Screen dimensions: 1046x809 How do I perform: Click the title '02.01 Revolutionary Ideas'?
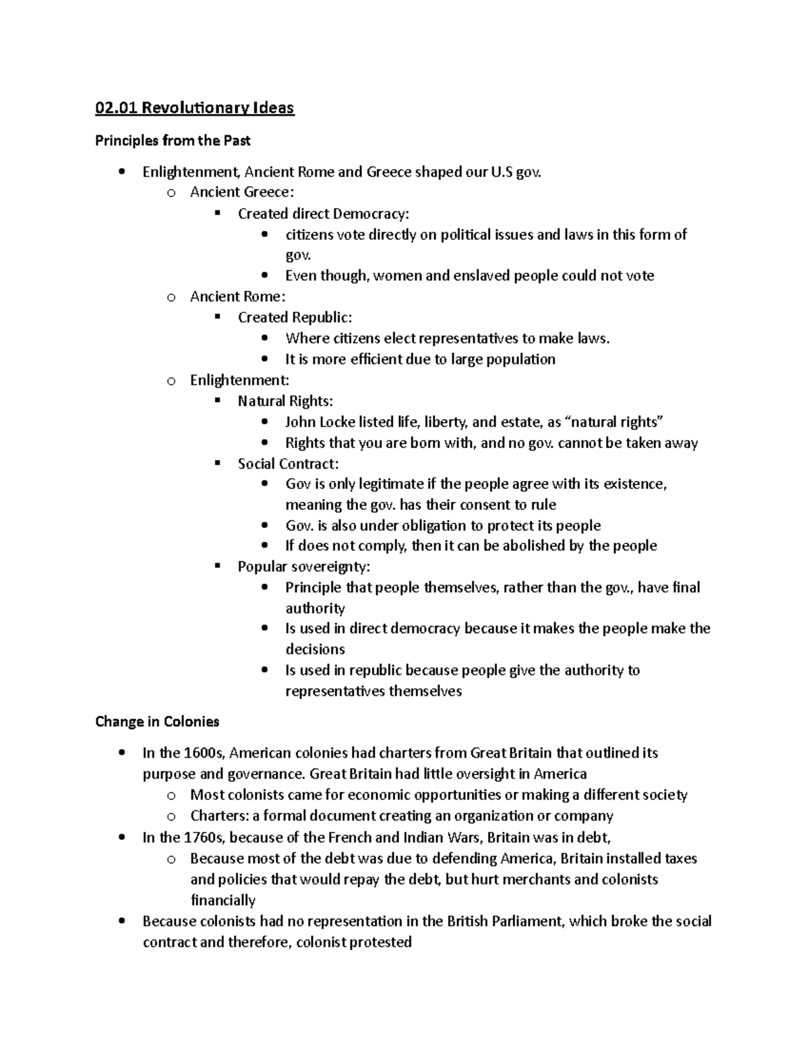pos(195,108)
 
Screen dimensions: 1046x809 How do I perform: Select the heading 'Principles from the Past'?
pos(173,141)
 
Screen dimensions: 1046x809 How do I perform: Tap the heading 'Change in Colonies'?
pos(157,722)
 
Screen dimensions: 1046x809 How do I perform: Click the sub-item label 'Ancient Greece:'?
pos(242,193)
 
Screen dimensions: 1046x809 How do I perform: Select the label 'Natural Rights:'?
pos(285,401)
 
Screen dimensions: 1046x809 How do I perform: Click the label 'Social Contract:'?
pos(288,464)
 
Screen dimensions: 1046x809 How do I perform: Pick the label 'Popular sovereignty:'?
pos(303,567)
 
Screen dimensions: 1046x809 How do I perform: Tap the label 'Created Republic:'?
pos(295,318)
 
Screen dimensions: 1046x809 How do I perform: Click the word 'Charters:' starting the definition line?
pos(220,816)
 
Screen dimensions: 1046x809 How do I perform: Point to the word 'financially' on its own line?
pos(223,901)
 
